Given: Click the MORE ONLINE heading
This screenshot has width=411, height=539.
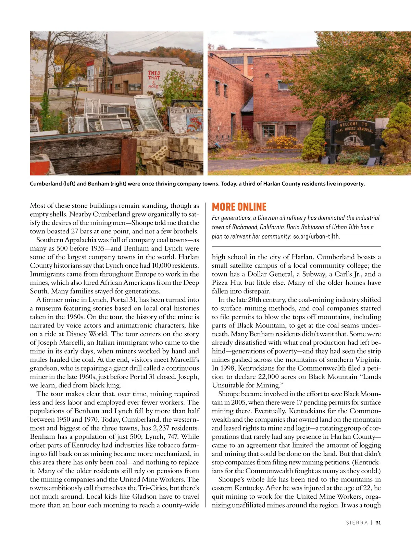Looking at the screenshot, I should (x=239, y=207).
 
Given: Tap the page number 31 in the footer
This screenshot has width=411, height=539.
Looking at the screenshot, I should (x=378, y=523).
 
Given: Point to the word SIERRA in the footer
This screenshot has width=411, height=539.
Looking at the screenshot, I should (x=357, y=523).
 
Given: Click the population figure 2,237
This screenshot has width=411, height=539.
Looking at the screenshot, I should (x=179, y=428).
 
